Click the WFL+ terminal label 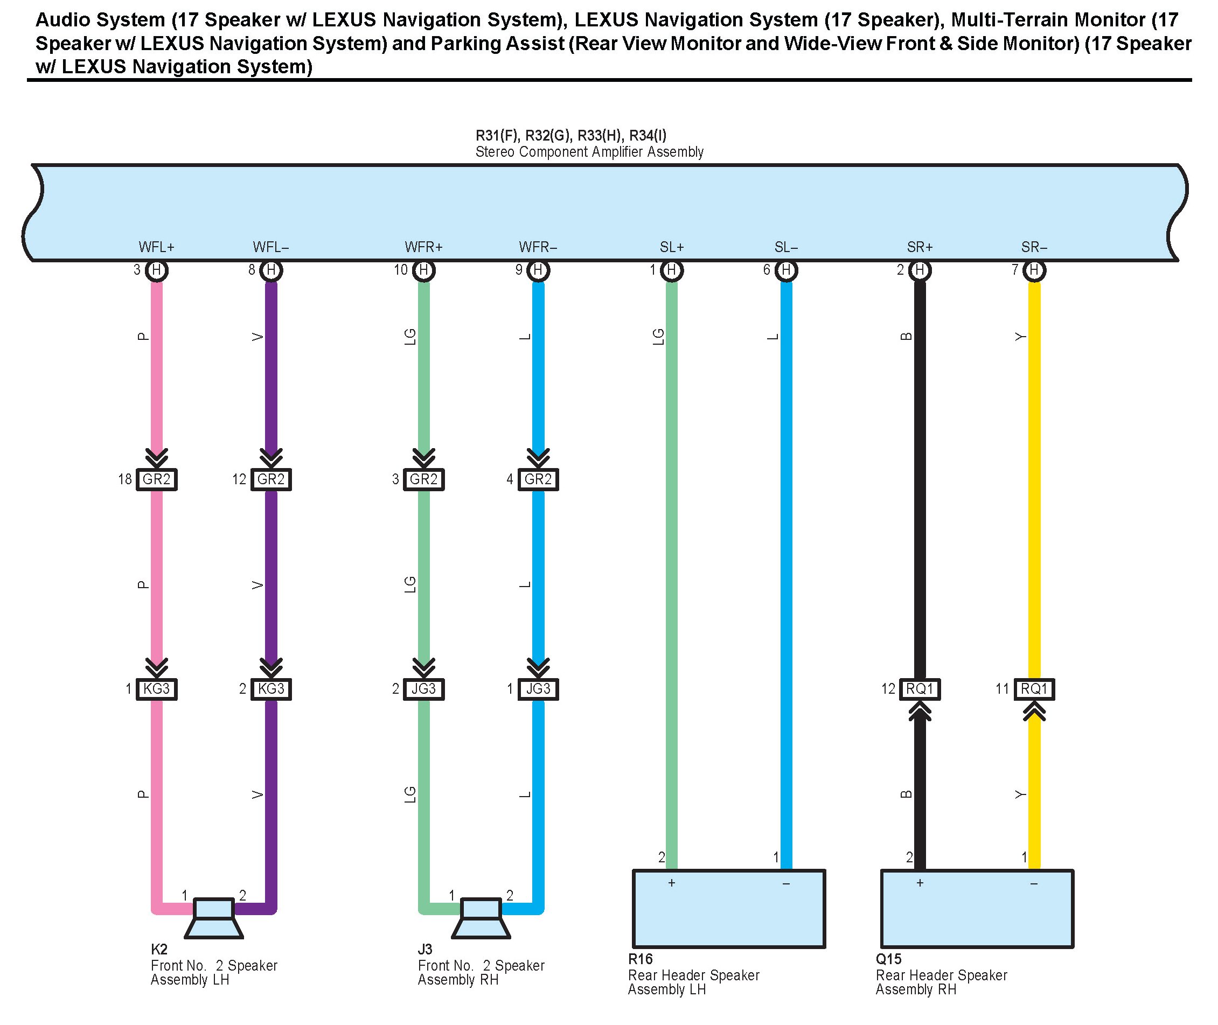point(156,247)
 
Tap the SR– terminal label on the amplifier point(1034,247)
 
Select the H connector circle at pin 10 point(423,270)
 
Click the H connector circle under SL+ point(671,270)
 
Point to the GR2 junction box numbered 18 point(156,479)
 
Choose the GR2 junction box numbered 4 point(538,479)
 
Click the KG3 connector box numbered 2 point(271,689)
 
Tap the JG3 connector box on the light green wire point(423,689)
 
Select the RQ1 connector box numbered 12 point(920,689)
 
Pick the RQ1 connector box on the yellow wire point(1034,689)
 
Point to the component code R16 point(641,959)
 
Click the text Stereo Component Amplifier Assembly point(589,152)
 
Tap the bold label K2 point(158,950)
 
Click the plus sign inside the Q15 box point(920,883)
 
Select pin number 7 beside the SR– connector point(1014,270)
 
